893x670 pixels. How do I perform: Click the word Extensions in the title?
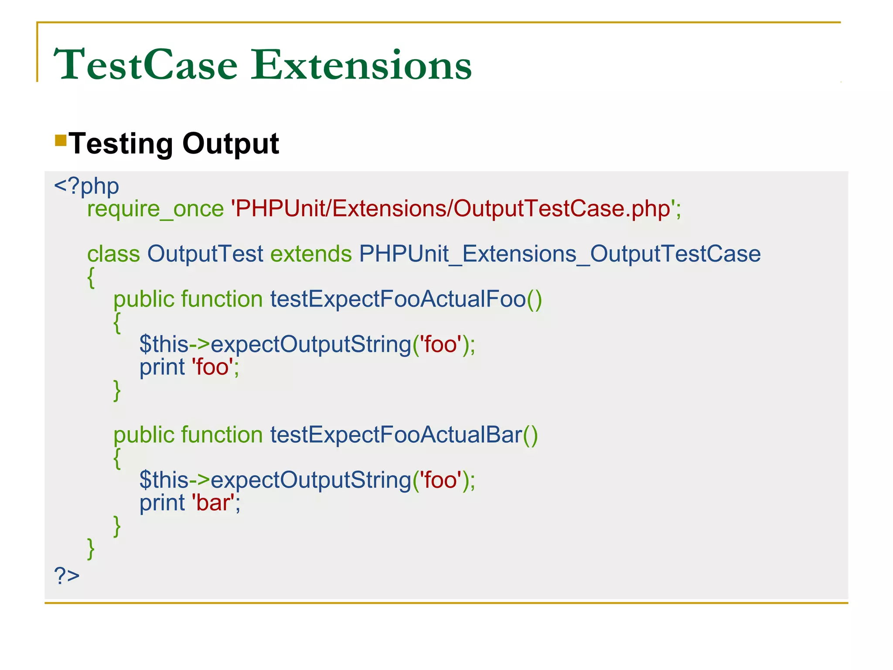[x=361, y=65]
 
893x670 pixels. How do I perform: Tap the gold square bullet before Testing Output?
[x=61, y=140]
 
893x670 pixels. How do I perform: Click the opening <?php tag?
[x=86, y=187]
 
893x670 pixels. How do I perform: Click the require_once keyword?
[x=155, y=209]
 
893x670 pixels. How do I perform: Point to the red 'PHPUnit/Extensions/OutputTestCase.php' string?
[x=455, y=209]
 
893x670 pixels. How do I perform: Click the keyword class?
[x=113, y=254]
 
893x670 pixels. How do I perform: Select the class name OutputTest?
[x=205, y=254]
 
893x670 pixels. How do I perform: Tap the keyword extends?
[x=311, y=254]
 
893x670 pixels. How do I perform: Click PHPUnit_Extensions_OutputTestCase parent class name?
[x=559, y=254]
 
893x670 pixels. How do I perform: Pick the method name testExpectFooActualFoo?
[x=398, y=299]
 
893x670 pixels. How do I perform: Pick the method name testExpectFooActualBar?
[x=396, y=435]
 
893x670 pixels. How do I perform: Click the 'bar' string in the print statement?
[x=213, y=503]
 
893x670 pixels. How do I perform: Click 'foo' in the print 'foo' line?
[x=212, y=367]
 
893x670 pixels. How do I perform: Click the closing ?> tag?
[x=67, y=576]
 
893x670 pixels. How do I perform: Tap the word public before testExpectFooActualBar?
[x=144, y=435]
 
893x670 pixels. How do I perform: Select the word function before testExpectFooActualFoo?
[x=222, y=299]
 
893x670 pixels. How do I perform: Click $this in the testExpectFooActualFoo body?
[x=164, y=345]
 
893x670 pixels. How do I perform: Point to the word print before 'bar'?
[x=162, y=503]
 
